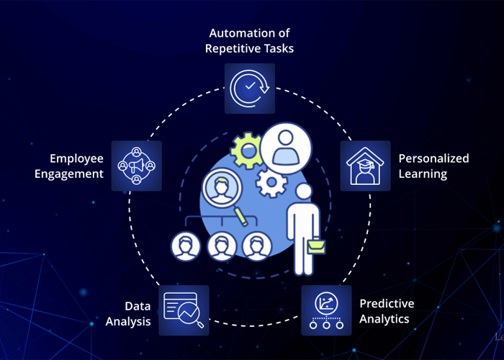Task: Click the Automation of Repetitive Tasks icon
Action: [250, 89]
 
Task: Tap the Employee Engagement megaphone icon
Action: [137, 166]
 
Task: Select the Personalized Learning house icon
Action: [366, 166]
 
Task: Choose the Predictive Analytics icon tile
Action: [326, 310]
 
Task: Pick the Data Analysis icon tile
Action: [184, 310]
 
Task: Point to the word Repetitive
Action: [233, 48]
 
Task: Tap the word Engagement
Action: [69, 174]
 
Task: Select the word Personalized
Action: [433, 158]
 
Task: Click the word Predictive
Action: [387, 303]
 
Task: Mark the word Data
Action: [138, 306]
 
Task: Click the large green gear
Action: [246, 150]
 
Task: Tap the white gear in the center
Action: [271, 183]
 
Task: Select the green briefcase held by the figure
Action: [316, 246]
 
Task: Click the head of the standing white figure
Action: [303, 192]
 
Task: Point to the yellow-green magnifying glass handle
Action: [241, 216]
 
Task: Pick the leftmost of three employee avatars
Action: [186, 246]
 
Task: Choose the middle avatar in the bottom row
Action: [221, 246]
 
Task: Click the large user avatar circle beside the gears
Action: [286, 148]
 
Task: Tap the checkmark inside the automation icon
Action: [250, 86]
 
